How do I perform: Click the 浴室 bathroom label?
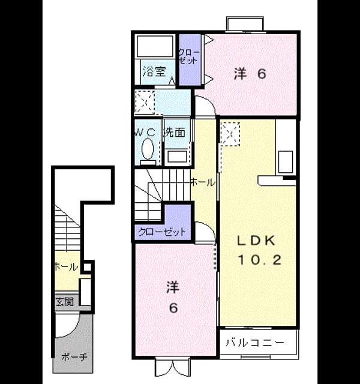tap(155, 72)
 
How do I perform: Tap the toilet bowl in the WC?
tap(148, 149)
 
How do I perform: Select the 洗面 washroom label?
tap(175, 133)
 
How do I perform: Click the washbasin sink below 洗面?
tap(177, 157)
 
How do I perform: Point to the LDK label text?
tap(256, 241)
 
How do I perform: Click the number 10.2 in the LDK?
tap(259, 260)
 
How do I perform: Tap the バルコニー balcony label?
tap(255, 342)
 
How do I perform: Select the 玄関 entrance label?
tap(65, 302)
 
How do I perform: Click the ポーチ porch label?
tap(74, 358)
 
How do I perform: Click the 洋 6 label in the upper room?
tap(250, 73)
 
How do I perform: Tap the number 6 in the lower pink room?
tap(173, 308)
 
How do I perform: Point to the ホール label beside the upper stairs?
tap(202, 182)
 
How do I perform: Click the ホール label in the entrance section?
tap(66, 266)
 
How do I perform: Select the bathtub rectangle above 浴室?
tap(155, 47)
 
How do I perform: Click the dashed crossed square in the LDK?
tap(230, 134)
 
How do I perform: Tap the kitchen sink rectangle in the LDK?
tap(286, 162)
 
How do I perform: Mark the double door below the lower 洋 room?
tap(173, 367)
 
